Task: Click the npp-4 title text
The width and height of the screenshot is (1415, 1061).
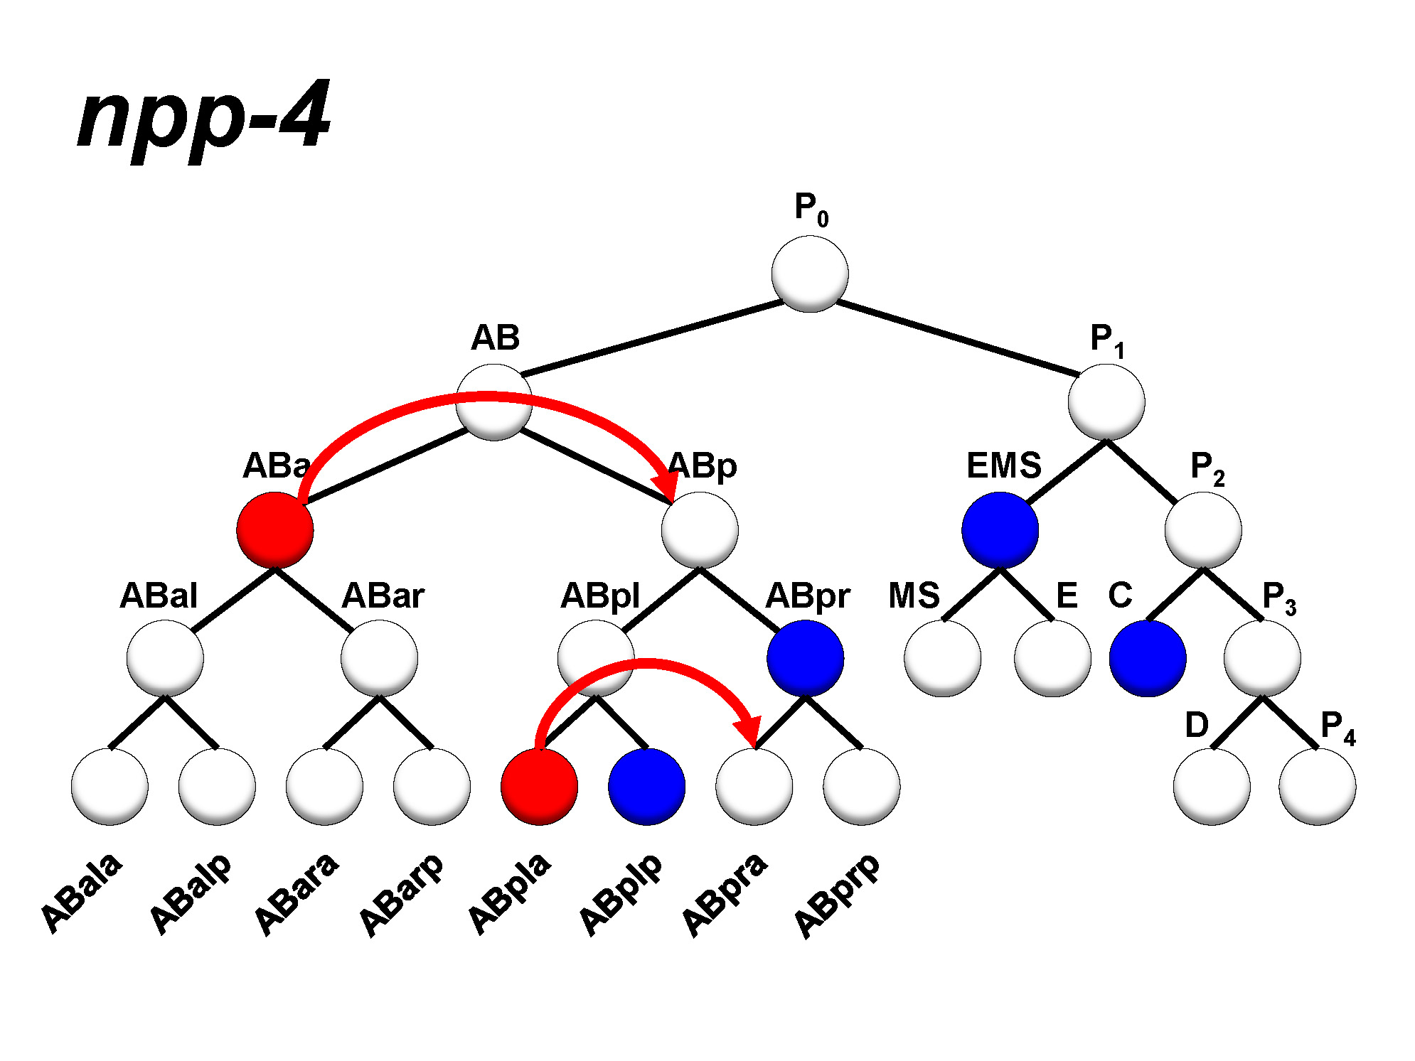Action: pos(204,117)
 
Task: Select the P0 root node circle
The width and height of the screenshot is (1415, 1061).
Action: pos(809,274)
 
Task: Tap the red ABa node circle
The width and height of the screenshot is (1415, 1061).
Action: pos(275,530)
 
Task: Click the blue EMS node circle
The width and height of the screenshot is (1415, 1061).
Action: pos(1000,530)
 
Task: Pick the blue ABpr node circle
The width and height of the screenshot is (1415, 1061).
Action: pos(805,658)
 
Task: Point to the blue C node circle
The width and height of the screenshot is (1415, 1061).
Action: pos(1147,658)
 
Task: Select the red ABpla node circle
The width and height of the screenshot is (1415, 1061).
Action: pos(539,787)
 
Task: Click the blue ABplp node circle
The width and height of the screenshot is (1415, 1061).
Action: pos(646,787)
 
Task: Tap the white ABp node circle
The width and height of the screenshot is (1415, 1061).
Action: pos(700,530)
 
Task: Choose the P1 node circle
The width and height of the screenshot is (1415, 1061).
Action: pos(1106,402)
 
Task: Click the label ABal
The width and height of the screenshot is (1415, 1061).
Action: pos(158,596)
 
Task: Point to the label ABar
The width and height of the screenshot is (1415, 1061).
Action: pos(383,596)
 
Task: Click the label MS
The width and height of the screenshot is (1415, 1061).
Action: pos(914,596)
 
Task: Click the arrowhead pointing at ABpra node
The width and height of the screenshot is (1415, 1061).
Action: pos(749,732)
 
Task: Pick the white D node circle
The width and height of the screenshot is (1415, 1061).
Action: pos(1212,787)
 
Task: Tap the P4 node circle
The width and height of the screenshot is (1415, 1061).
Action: pos(1317,787)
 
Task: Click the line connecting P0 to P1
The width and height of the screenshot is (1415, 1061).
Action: pos(958,338)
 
